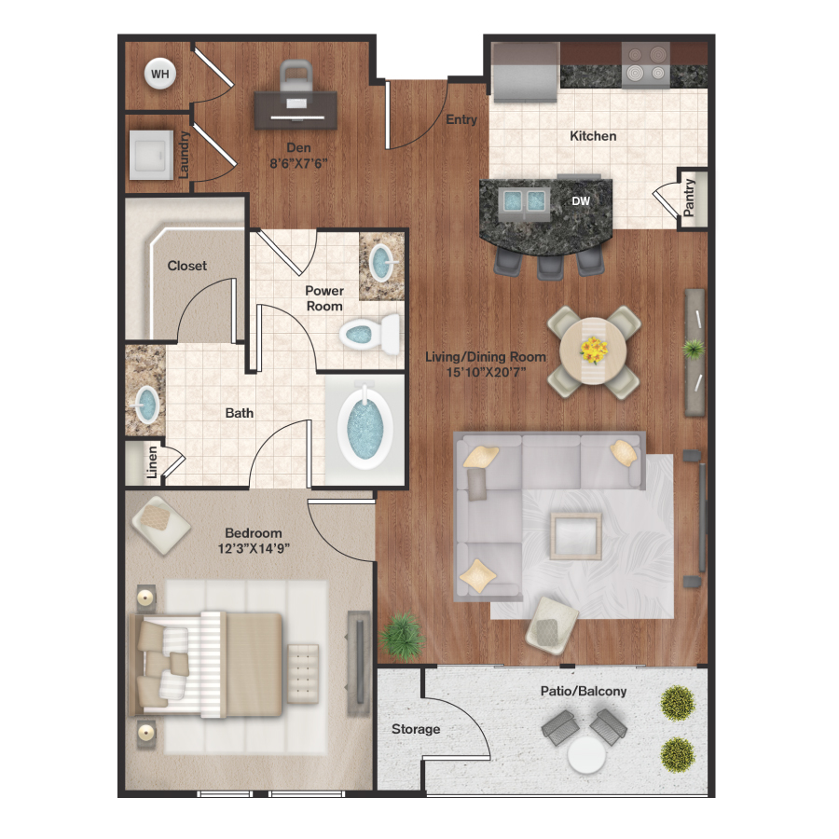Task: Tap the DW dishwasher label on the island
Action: (581, 200)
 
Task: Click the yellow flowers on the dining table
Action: (593, 350)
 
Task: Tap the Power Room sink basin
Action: (382, 262)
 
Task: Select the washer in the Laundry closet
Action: (152, 151)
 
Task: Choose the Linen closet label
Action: (152, 463)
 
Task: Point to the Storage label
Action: (416, 729)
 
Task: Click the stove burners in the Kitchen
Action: (646, 64)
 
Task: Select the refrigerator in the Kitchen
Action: (523, 71)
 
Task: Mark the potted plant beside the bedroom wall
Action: (402, 635)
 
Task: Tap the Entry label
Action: (461, 119)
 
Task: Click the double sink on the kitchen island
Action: (523, 200)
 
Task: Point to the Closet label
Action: (187, 266)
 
